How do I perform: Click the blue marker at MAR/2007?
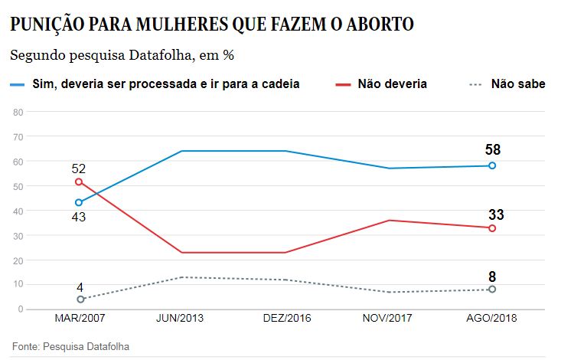coord(79,202)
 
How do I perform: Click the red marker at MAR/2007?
coord(79,182)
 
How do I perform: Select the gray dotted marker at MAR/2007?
coord(79,299)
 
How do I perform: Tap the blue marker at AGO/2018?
coord(493,165)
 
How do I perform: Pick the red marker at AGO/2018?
coord(493,228)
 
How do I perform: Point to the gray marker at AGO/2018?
coord(493,289)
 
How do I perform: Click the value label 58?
coord(493,149)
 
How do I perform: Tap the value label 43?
coord(78,217)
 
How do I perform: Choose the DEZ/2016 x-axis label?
coord(285,319)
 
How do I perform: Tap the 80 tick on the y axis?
coord(19,112)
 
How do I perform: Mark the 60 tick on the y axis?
coord(19,162)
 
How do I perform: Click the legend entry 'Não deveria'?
coord(392,83)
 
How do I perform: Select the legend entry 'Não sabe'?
coord(517,83)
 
